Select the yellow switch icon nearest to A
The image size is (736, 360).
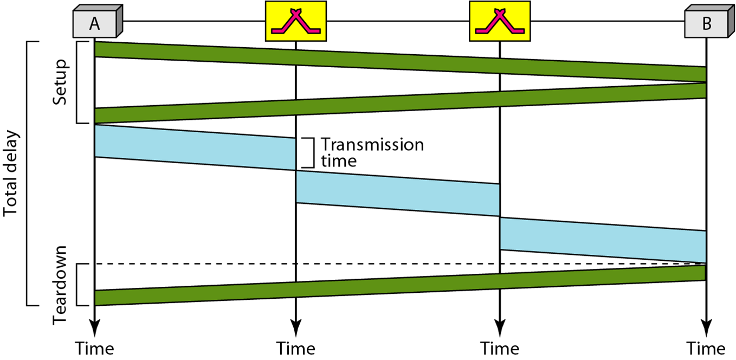295,21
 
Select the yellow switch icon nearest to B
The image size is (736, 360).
499,21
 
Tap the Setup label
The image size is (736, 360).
61,82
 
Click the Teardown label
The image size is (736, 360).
61,285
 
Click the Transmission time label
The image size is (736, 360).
372,152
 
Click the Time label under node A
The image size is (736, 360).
94,348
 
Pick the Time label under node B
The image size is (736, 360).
706,348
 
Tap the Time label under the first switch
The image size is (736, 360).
295,348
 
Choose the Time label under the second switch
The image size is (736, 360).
499,348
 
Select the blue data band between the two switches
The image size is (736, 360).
397,194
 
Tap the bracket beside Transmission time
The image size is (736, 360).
309,152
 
